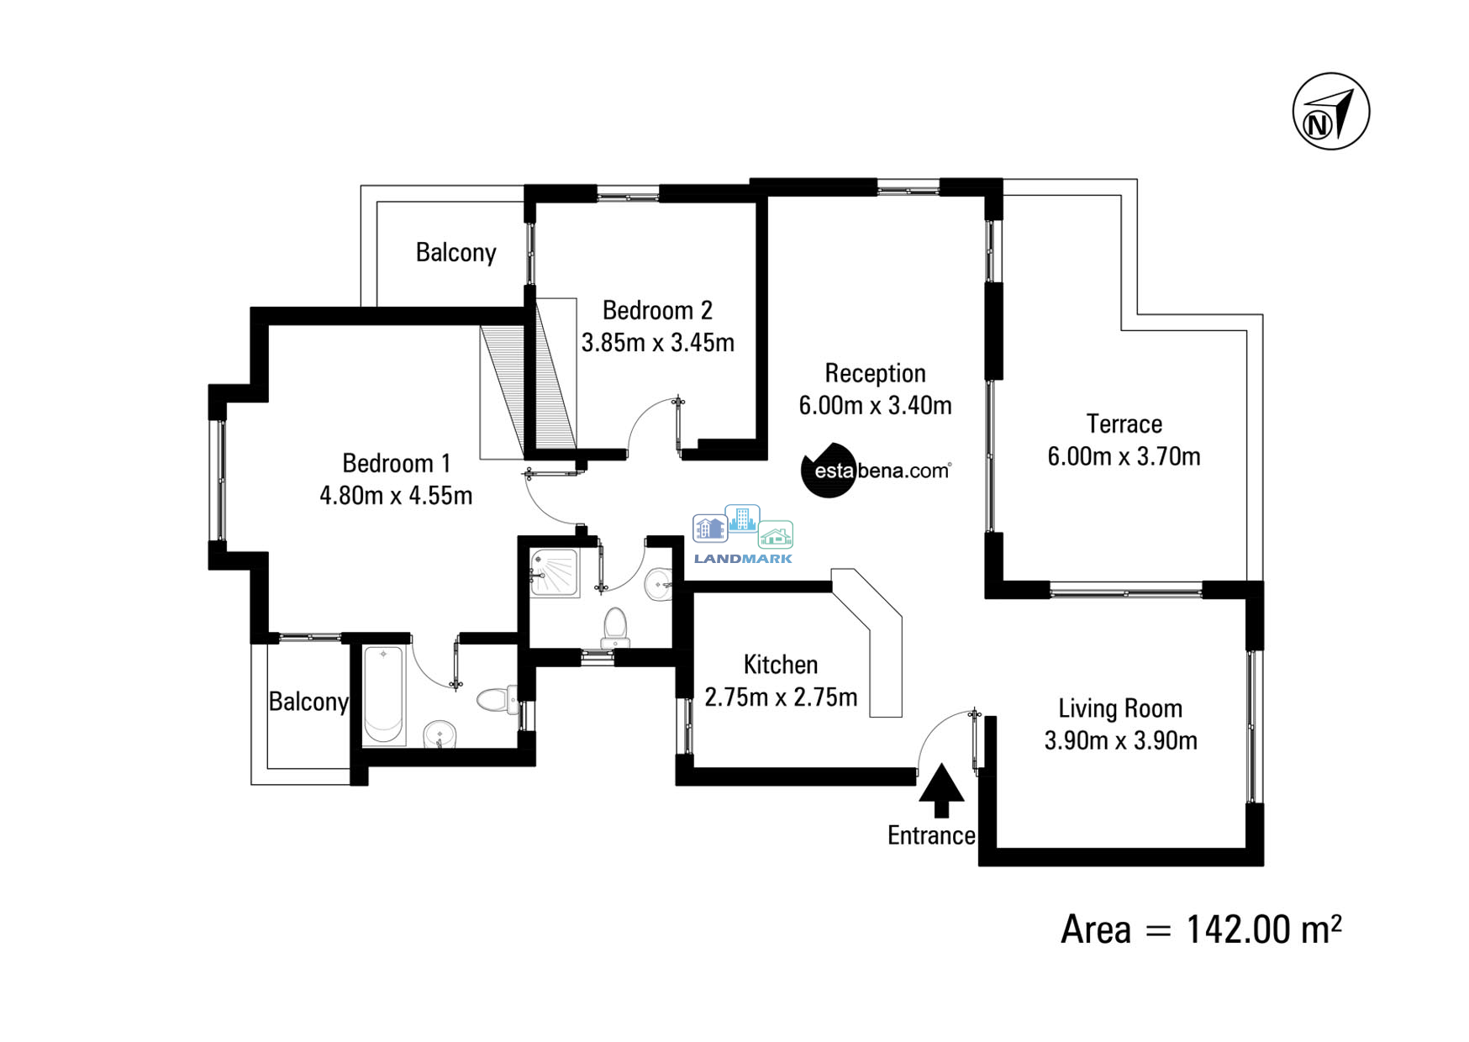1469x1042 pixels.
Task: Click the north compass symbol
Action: [x=1330, y=112]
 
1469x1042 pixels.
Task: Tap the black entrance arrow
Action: [x=941, y=791]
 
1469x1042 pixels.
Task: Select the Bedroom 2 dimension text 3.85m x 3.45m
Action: [x=658, y=343]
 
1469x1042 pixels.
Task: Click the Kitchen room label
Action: [x=781, y=665]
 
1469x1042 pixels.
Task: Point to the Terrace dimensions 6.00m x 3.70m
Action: [x=1124, y=456]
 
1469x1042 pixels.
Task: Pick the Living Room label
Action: [x=1120, y=708]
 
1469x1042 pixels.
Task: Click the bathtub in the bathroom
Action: [x=384, y=694]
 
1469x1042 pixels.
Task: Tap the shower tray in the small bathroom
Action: [x=554, y=572]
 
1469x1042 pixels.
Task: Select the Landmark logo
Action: [x=743, y=534]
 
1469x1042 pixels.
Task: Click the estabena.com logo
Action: [x=877, y=470]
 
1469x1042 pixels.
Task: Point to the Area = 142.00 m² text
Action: [x=1201, y=929]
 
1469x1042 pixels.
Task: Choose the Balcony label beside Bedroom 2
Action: [x=456, y=252]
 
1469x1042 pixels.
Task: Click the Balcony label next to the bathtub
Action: [x=308, y=702]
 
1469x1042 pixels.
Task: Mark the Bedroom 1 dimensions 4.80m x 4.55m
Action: [x=396, y=496]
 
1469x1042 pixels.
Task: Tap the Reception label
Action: [x=875, y=373]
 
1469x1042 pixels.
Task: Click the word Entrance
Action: [x=931, y=835]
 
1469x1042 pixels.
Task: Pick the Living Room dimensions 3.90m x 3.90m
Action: [x=1120, y=740]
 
